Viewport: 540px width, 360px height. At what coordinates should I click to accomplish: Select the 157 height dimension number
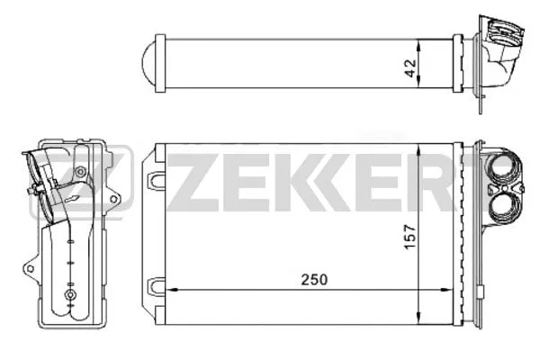coord(434,237)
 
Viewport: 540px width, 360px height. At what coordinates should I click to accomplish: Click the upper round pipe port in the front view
coord(500,169)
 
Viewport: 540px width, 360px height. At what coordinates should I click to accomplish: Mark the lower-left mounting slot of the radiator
coord(157,286)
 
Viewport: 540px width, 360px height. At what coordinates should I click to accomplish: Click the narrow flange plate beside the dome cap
coord(159,63)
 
